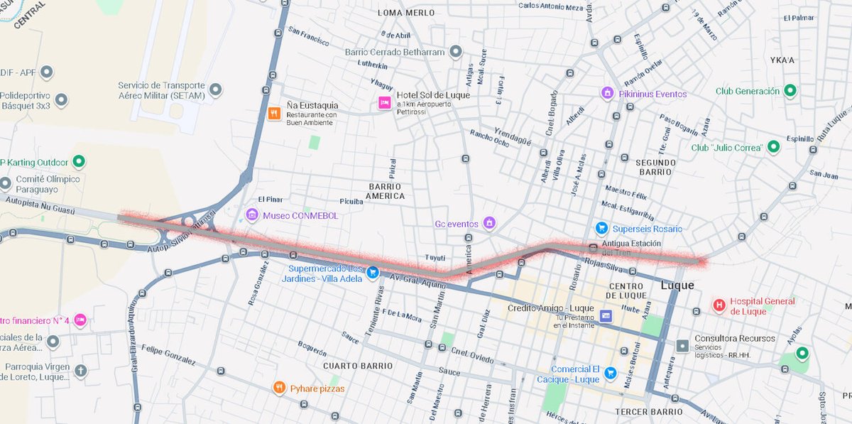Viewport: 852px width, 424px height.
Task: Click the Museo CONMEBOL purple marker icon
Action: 251,214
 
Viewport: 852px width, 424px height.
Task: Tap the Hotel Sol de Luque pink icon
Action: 384,103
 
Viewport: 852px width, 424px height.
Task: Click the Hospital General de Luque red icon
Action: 719,305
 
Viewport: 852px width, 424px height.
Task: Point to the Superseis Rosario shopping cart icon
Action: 601,228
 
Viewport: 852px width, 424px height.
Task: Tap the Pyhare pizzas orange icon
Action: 280,388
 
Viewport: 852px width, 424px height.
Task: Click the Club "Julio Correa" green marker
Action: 773,147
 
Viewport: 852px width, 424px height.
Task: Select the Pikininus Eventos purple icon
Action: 606,93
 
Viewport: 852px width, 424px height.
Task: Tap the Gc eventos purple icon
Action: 488,223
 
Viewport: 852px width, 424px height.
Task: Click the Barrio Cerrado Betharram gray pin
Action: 455,52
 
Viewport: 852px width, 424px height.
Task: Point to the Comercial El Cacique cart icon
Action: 610,373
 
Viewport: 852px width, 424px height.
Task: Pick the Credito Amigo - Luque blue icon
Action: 606,315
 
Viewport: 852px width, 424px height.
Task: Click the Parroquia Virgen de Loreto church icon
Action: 80,371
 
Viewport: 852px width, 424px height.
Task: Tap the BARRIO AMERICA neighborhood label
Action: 386,190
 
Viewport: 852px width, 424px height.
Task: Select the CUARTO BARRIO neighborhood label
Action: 357,366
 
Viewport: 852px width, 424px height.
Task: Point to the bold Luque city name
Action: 676,285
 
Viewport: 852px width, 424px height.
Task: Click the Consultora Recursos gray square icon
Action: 682,346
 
